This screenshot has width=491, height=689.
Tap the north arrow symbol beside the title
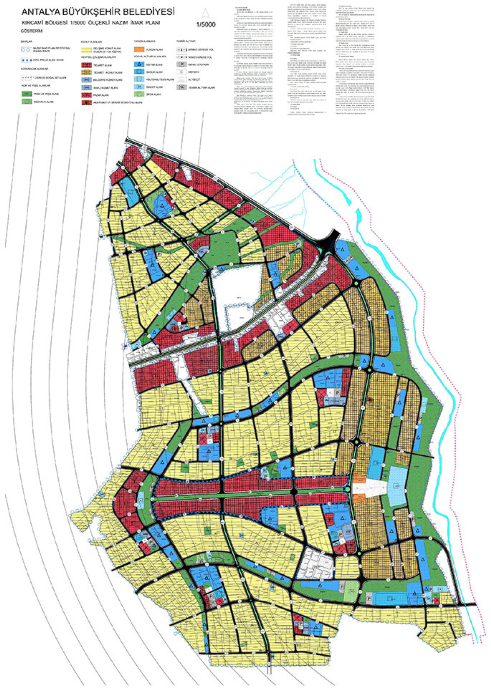pyautogui.click(x=205, y=14)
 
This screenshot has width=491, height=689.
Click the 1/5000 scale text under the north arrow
pyautogui.click(x=206, y=25)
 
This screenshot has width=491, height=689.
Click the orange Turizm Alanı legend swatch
pyautogui.click(x=139, y=49)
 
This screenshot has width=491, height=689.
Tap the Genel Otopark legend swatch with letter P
pyautogui.click(x=182, y=64)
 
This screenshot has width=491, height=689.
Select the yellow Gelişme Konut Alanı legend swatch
pyautogui.click(x=87, y=49)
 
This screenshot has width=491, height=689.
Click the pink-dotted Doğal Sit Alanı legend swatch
pyautogui.click(x=27, y=77)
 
